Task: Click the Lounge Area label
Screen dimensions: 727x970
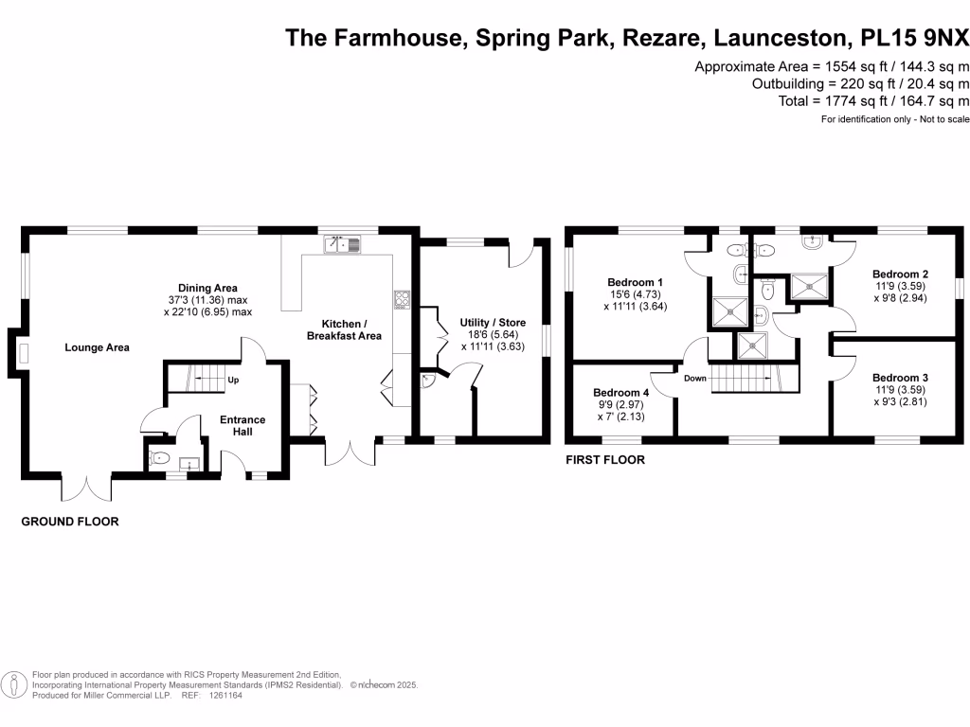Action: coord(97,347)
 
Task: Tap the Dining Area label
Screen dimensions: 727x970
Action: coord(207,288)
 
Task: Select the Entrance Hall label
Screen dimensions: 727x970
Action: coord(242,426)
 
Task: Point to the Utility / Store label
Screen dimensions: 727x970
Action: coord(493,323)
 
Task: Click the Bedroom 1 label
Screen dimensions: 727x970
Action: coord(635,282)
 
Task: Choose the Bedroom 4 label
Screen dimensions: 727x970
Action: coord(621,392)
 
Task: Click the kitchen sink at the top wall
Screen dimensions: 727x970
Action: coord(342,245)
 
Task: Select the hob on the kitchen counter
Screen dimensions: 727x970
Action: coord(401,300)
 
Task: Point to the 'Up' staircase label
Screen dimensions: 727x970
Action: coord(232,381)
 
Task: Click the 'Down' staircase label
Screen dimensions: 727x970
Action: coord(695,378)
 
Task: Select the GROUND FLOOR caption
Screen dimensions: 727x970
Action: coord(70,522)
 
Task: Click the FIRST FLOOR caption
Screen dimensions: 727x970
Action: coord(604,460)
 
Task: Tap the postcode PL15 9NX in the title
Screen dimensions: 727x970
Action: coord(915,38)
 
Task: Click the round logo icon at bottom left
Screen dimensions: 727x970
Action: coord(14,684)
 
